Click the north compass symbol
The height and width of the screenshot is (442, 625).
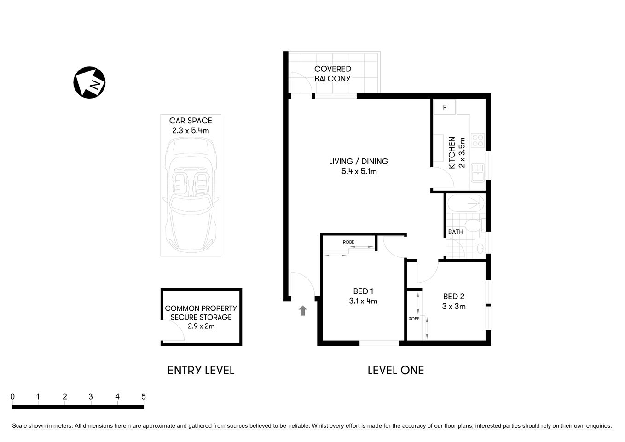(x=90, y=82)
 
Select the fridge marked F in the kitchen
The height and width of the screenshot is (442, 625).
(x=445, y=107)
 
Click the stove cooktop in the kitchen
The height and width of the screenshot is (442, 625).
(x=478, y=140)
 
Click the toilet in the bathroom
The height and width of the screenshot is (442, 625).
(x=473, y=226)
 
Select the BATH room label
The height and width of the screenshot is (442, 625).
(x=456, y=232)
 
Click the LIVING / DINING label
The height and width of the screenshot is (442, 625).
(x=359, y=162)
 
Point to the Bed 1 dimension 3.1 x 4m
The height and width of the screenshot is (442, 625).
(x=363, y=301)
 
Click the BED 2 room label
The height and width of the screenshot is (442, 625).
(x=454, y=297)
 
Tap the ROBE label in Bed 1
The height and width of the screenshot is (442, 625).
(x=348, y=242)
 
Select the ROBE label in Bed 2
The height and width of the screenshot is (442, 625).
(x=414, y=319)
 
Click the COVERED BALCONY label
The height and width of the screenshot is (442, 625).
(x=332, y=74)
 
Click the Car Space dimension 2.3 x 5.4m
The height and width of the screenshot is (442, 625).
(x=191, y=130)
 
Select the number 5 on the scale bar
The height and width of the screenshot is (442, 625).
(x=144, y=396)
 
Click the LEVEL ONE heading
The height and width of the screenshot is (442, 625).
(x=395, y=370)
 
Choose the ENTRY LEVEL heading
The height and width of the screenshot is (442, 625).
(x=201, y=370)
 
